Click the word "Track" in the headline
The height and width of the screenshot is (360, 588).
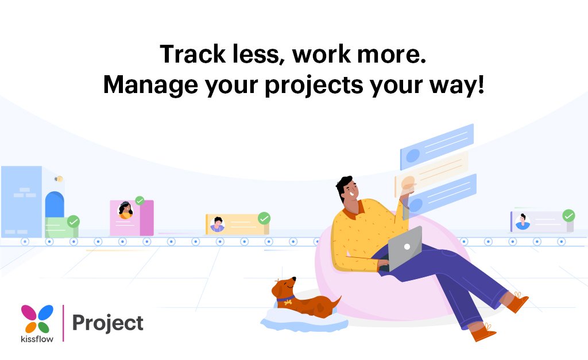point(191,55)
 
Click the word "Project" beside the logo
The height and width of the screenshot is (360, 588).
point(107,323)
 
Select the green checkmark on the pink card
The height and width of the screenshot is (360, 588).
point(140,200)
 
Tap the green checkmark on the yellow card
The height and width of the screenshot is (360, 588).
point(264,218)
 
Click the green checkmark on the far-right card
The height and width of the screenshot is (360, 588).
point(568,215)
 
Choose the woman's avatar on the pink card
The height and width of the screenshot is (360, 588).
point(125,210)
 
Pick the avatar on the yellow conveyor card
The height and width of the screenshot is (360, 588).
point(217,224)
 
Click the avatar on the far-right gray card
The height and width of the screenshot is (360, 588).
point(523,221)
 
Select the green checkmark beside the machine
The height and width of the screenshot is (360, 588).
point(73,222)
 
